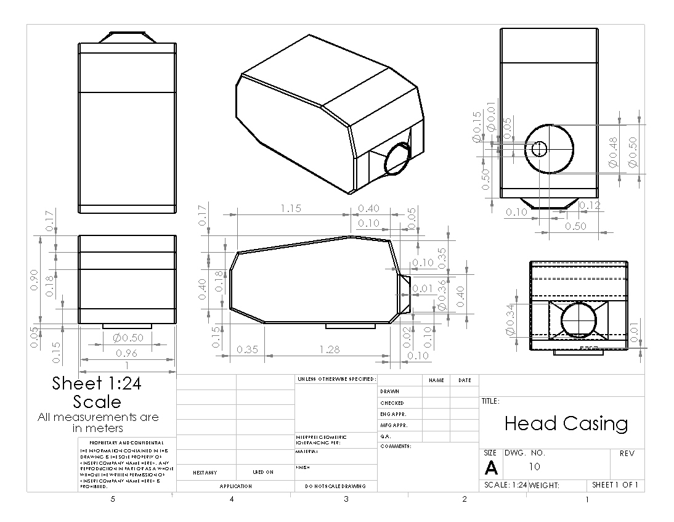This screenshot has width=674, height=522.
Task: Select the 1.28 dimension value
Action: (x=330, y=349)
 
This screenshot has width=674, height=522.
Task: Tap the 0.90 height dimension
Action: (x=35, y=281)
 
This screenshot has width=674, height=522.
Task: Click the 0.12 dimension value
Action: (x=590, y=205)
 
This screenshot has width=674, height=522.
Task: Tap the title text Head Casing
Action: (x=566, y=423)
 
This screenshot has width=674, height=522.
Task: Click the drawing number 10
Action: (x=534, y=467)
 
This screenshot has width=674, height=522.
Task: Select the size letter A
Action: (x=491, y=468)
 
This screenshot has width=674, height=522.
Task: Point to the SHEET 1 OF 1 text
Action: (x=614, y=485)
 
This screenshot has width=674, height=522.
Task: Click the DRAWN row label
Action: (x=389, y=391)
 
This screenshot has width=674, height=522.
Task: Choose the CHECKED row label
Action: (x=392, y=403)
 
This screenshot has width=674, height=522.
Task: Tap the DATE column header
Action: (x=465, y=380)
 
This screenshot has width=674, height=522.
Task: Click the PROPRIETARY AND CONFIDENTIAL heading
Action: (x=126, y=442)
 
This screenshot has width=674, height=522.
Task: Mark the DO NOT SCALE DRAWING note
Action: (x=336, y=486)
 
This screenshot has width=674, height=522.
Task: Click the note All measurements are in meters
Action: (x=98, y=423)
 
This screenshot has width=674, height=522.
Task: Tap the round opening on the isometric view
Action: (x=397, y=158)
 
